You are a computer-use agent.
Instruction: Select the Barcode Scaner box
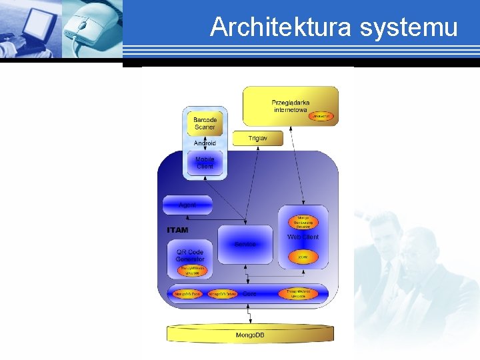point(205,123)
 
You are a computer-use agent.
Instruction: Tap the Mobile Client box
point(205,163)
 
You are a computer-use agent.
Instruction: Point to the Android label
point(205,143)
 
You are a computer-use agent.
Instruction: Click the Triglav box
point(257,138)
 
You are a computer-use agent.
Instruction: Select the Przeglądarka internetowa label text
point(290,106)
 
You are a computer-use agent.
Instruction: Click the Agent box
point(187,205)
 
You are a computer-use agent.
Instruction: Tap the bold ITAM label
point(177,230)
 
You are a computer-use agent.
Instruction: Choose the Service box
point(245,245)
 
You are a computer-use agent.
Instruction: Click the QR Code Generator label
point(190,255)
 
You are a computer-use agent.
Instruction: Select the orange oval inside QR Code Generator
point(193,271)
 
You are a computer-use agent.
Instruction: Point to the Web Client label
point(303,237)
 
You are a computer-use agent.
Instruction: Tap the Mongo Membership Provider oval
point(303,222)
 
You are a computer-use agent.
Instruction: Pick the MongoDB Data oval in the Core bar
point(187,293)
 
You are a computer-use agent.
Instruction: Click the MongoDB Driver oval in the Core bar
point(222,293)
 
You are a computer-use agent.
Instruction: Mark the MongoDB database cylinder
point(250,333)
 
